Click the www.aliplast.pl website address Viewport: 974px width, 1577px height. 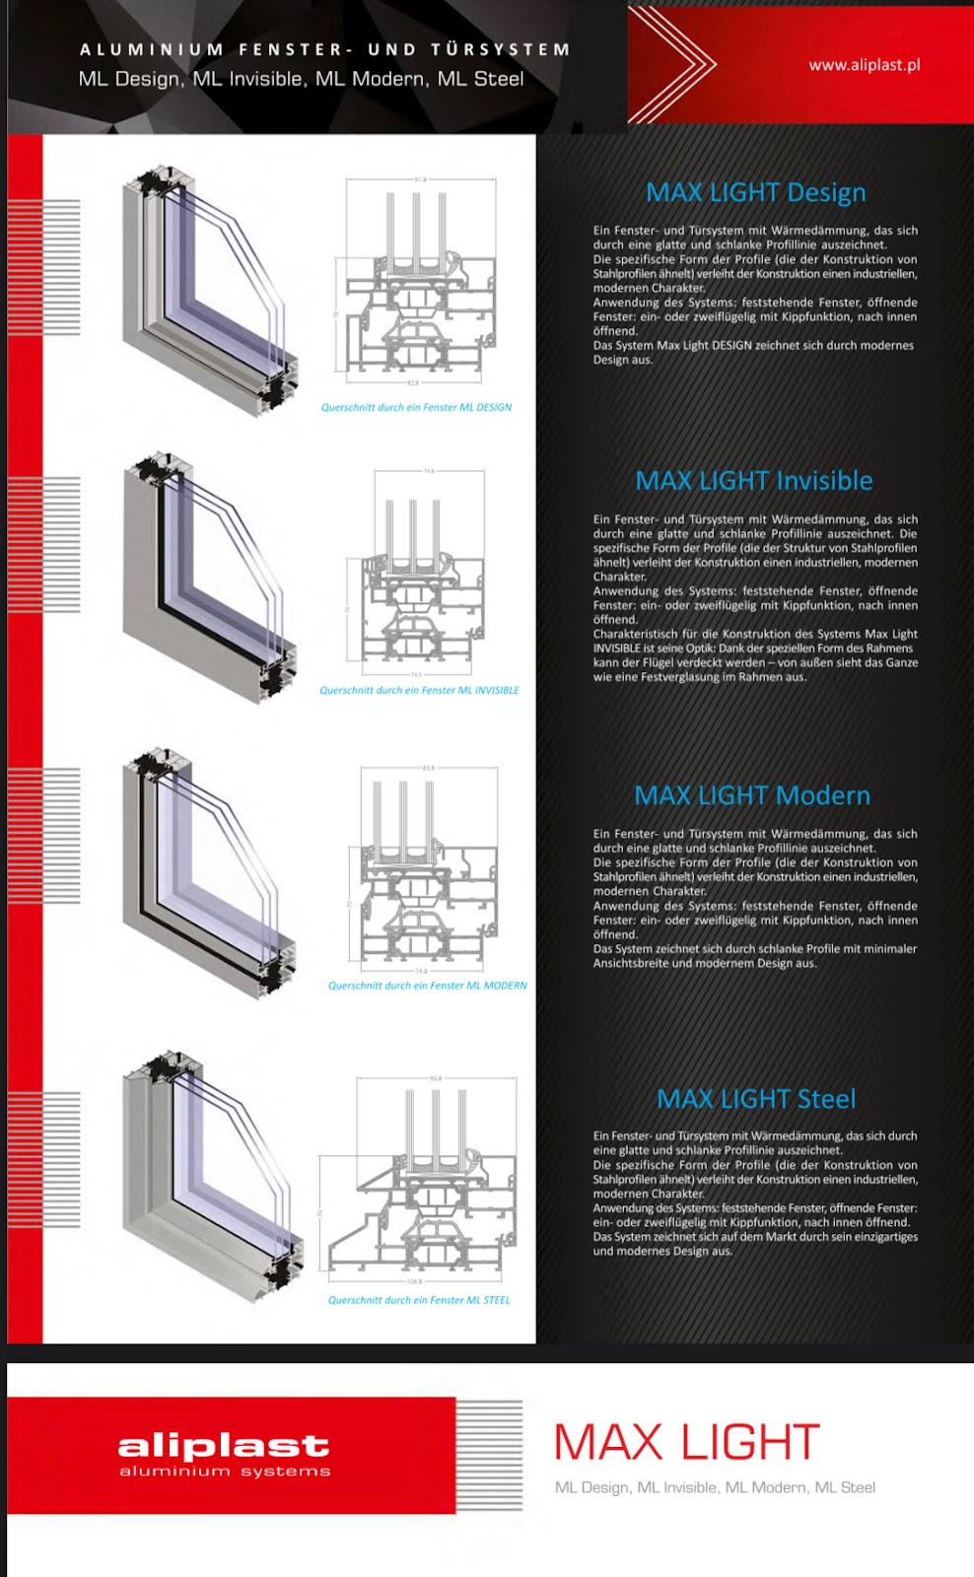(864, 65)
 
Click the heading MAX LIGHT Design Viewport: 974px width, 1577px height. (755, 192)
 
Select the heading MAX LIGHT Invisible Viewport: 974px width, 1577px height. (754, 481)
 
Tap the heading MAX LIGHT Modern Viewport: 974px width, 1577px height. (752, 795)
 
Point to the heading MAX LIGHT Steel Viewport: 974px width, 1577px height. (756, 1099)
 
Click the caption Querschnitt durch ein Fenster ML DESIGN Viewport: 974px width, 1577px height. (416, 407)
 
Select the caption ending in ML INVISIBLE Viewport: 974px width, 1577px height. (419, 690)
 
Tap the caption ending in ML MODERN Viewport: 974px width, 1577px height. (427, 986)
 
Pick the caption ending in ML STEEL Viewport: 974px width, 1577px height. (419, 1300)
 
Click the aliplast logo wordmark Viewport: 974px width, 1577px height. (224, 1446)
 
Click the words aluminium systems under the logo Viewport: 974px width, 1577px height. (225, 1472)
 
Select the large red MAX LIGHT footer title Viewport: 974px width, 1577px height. (686, 1443)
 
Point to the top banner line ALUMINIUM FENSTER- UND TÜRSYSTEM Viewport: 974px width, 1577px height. (324, 49)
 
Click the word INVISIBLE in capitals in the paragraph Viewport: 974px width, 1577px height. (616, 649)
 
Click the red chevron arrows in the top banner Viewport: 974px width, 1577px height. (680, 64)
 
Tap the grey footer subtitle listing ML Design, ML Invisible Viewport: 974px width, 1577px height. (715, 1487)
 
